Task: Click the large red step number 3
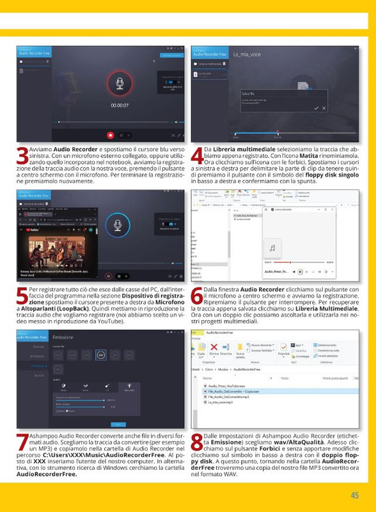pyautogui.click(x=22, y=155)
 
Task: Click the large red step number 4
pyautogui.click(x=198, y=155)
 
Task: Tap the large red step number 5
pyautogui.click(x=22, y=298)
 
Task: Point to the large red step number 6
pyautogui.click(x=198, y=298)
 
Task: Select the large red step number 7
pyautogui.click(x=22, y=442)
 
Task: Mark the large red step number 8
pyautogui.click(x=198, y=442)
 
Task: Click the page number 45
pyautogui.click(x=354, y=495)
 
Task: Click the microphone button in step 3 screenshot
pyautogui.click(x=119, y=84)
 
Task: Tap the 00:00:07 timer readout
pyautogui.click(x=119, y=105)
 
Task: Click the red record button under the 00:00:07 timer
pyautogui.click(x=111, y=135)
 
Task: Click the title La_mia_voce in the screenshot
pyautogui.click(x=246, y=54)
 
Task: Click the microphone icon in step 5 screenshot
pyautogui.click(x=118, y=225)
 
